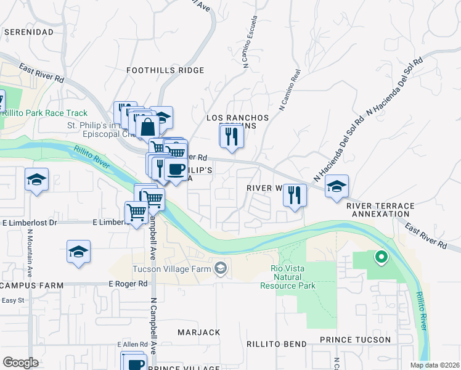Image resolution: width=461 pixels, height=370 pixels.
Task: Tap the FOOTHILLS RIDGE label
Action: coord(165,70)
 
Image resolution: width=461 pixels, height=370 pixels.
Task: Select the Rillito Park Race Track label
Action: coord(44,113)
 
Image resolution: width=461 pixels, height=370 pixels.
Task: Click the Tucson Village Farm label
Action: coord(173,269)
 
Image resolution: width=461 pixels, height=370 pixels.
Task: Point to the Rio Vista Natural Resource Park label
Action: coord(293,277)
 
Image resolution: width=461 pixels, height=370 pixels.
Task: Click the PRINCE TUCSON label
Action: coord(355,340)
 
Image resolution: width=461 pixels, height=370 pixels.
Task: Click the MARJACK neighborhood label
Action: coord(198,332)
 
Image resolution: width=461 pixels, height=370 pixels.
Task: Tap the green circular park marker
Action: coord(381,257)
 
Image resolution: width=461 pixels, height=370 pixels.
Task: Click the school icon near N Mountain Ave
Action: coord(37,180)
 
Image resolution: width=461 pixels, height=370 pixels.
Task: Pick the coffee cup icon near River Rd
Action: coord(176,168)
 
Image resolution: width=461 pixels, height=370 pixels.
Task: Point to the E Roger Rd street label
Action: coord(128,284)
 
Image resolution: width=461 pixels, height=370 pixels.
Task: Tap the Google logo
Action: coord(20,363)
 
